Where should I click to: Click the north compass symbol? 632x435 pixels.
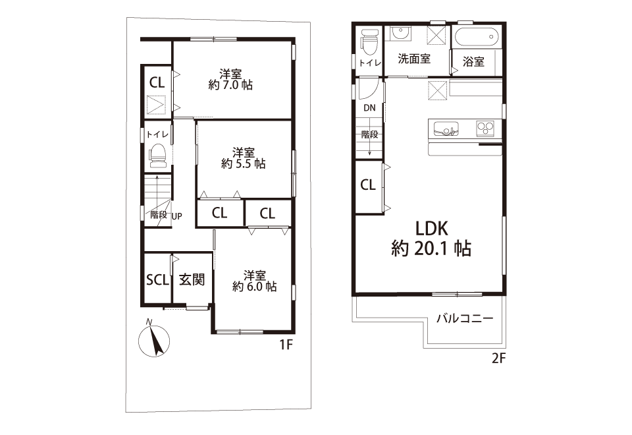point(154,340)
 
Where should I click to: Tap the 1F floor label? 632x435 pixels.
point(286,345)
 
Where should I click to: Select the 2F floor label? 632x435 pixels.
point(498,358)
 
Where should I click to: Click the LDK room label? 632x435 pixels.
point(432,229)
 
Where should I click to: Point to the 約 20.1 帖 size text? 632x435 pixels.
point(431,248)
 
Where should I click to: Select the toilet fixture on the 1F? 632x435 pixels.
point(158,156)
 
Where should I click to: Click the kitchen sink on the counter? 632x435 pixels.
point(446,129)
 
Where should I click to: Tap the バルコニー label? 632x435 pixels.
point(465,319)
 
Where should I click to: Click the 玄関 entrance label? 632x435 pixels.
point(192,279)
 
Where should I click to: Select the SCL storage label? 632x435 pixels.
point(157,279)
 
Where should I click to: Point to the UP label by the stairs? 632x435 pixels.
point(177,216)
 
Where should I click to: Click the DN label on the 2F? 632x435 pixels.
point(369,107)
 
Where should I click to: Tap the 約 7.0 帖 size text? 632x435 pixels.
point(230,85)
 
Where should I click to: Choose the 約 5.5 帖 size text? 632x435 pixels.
point(244,164)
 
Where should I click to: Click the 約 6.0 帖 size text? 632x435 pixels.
point(255,287)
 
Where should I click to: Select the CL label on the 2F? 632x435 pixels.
point(367,185)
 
